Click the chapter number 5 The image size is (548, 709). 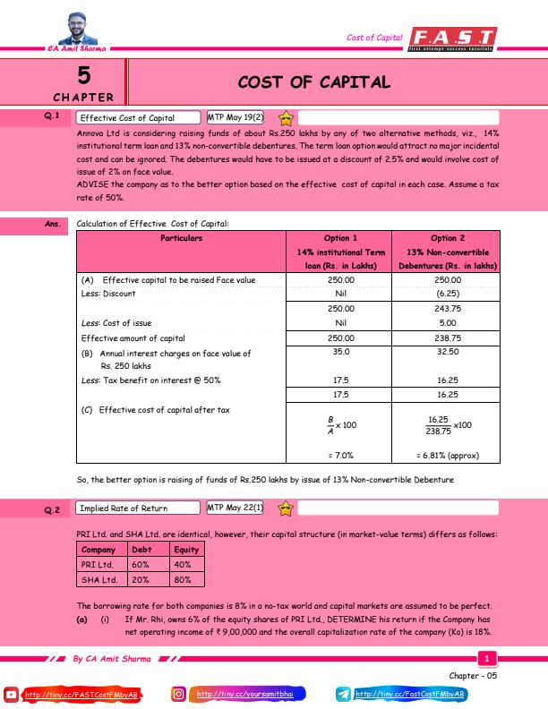pyautogui.click(x=83, y=73)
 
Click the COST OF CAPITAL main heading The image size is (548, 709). pyautogui.click(x=314, y=82)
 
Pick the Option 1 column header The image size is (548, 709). pyautogui.click(x=340, y=239)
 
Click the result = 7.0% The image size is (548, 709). pyautogui.click(x=340, y=455)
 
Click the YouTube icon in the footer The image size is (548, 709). pyautogui.click(x=12, y=694)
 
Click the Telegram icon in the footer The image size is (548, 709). pyautogui.click(x=345, y=694)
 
